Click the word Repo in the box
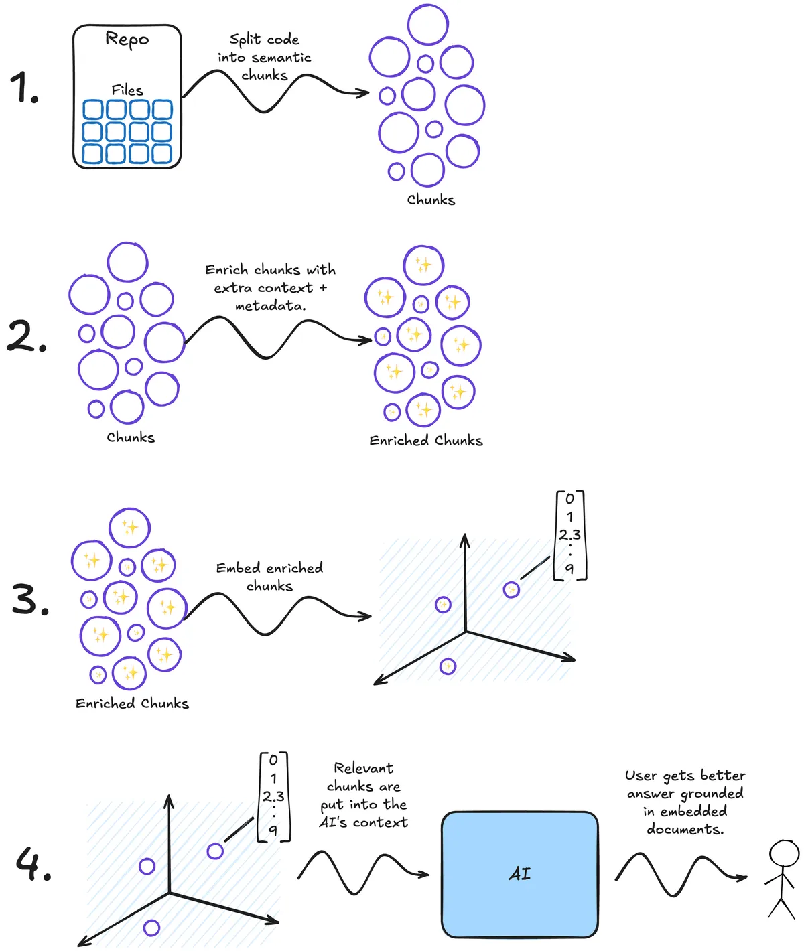pos(127,39)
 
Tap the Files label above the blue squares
pos(127,90)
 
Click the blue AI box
pos(519,874)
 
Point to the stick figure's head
pos(784,855)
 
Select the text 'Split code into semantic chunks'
pos(264,58)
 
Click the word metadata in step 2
pos(270,306)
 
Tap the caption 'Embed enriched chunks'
pos(269,577)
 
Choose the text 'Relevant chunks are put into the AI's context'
pos(364,795)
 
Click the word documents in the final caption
pos(685,829)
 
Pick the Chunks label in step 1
pos(431,200)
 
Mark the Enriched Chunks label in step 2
pos(425,440)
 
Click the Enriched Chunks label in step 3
pos(132,703)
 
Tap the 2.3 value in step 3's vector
pos(569,534)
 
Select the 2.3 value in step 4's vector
pos(273,796)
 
